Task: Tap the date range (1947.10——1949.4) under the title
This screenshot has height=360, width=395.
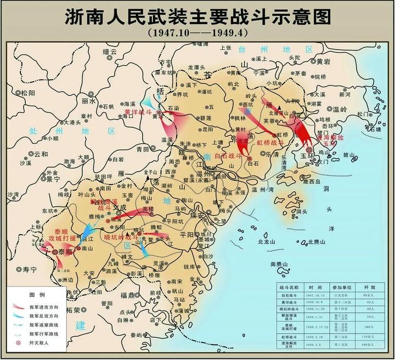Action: click(x=198, y=32)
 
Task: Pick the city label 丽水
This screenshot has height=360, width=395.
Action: click(x=88, y=101)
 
